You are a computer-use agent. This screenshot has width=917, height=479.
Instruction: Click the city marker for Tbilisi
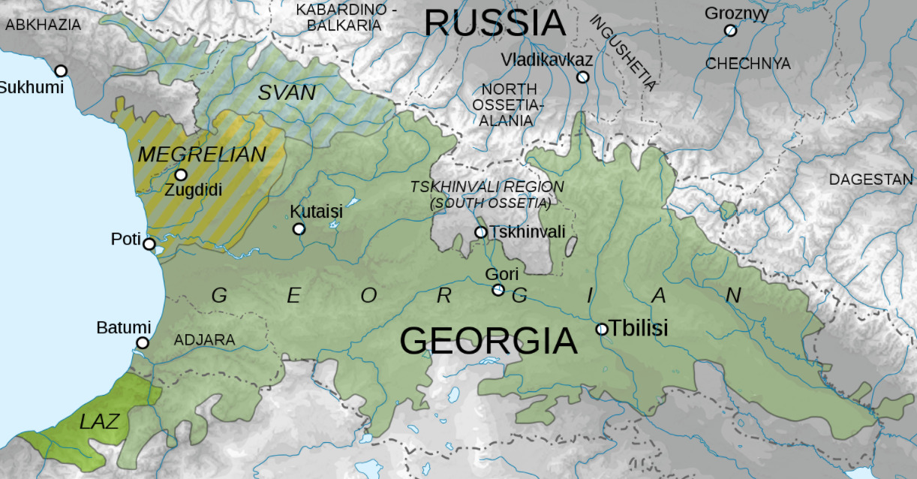tap(602, 329)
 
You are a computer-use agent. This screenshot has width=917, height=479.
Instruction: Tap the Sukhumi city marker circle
tap(61, 71)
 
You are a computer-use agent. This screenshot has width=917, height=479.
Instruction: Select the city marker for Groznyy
tap(730, 30)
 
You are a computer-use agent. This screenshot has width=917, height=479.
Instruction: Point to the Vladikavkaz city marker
tap(582, 77)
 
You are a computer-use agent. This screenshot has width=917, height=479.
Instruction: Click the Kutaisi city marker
tap(299, 228)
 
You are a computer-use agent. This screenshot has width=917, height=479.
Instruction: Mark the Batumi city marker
tap(143, 343)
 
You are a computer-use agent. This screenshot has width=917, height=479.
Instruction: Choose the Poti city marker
tap(149, 243)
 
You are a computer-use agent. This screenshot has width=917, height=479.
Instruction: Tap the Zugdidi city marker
tap(181, 175)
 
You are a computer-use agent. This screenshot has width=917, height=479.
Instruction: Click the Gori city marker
tap(498, 290)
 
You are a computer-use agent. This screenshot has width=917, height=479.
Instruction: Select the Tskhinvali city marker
tap(481, 232)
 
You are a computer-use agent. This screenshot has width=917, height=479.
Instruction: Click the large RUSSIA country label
tap(495, 23)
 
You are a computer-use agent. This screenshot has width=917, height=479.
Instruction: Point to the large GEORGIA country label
tap(489, 341)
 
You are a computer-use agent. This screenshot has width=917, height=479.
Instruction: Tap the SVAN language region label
tap(287, 93)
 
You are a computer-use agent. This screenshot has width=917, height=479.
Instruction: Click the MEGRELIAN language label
tap(203, 155)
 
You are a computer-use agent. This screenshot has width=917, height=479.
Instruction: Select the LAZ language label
tap(99, 422)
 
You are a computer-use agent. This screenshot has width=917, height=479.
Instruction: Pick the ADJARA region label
tap(204, 340)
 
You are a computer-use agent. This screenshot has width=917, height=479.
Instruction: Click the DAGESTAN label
tap(870, 179)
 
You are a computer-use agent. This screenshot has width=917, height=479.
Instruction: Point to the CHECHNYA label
tap(747, 64)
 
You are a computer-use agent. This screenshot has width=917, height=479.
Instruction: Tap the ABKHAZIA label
tap(43, 25)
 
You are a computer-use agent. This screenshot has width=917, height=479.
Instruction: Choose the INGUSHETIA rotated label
tap(624, 52)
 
